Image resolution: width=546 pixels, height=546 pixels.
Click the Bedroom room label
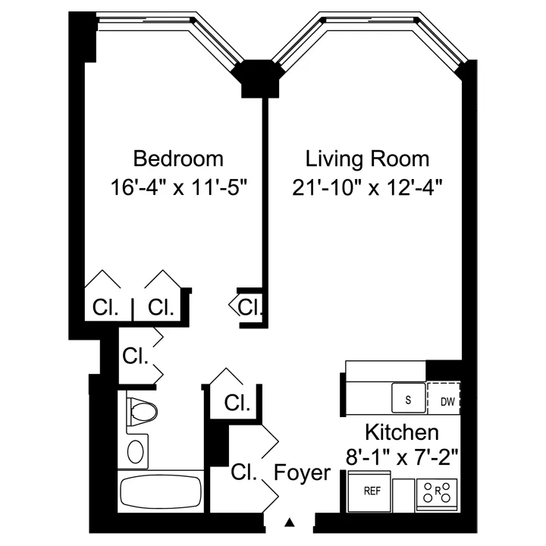[x=178, y=159]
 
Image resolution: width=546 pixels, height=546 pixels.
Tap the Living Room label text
[x=367, y=159]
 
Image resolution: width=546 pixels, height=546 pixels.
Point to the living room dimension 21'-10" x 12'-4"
[x=367, y=187]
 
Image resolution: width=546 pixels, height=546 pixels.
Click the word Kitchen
[x=402, y=433]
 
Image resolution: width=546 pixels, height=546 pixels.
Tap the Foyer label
[x=303, y=473]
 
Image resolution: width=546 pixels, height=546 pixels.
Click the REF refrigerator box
[x=372, y=491]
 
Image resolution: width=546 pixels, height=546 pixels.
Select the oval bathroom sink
[x=136, y=452]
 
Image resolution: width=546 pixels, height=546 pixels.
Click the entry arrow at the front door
[x=290, y=522]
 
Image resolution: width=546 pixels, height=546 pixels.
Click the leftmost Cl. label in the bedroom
[x=105, y=307]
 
